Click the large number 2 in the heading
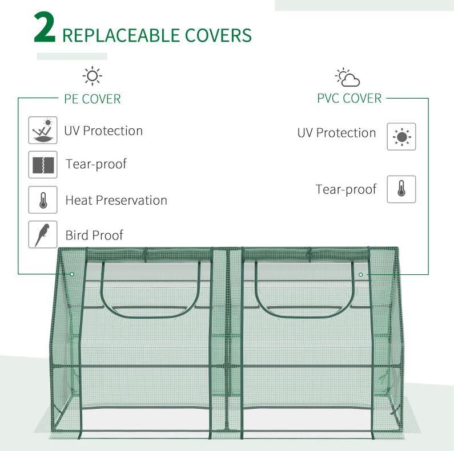[45, 28]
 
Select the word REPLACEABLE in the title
[120, 35]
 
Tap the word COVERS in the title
[218, 35]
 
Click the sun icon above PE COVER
[92, 76]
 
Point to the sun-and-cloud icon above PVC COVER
[347, 77]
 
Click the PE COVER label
[93, 99]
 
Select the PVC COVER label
[349, 99]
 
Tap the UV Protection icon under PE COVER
[43, 130]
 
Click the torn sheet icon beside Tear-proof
[43, 165]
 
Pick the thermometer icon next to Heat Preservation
[43, 200]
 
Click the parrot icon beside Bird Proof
[43, 234]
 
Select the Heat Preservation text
[116, 200]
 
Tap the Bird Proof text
[94, 235]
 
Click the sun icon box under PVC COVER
[401, 136]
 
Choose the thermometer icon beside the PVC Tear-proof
[401, 189]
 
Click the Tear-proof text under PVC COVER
[346, 189]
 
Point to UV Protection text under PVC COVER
[337, 133]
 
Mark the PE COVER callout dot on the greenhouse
[72, 274]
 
